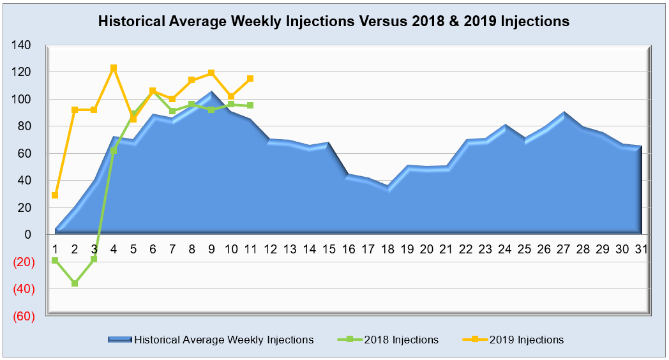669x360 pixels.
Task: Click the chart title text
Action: point(333,21)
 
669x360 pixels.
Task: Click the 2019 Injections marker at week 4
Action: point(114,68)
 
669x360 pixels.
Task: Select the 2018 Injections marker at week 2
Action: point(75,283)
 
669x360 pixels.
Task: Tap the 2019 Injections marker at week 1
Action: point(56,195)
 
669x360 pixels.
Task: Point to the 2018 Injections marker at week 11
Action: point(250,105)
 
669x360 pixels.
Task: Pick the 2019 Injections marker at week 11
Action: point(250,79)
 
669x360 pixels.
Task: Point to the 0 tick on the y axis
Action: point(28,235)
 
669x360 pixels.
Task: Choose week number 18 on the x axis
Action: point(387,248)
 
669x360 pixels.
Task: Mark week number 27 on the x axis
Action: point(562,248)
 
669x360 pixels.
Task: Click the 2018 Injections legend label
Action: point(401,340)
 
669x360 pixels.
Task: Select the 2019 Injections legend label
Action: point(527,340)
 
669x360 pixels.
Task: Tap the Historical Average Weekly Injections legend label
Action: point(224,340)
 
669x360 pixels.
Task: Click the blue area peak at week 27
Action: point(563,113)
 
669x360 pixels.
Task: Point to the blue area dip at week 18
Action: point(387,188)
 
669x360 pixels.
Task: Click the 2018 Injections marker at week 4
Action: point(114,151)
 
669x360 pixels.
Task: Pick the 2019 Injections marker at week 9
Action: point(211,73)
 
